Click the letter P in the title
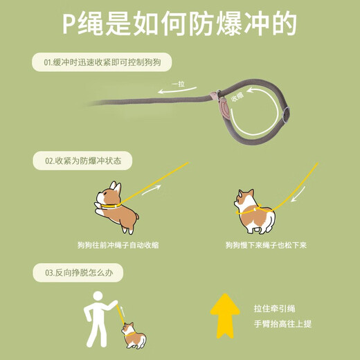pyautogui.click(x=70, y=24)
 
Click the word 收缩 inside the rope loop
pyautogui.click(x=237, y=97)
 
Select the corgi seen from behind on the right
pyautogui.click(x=252, y=210)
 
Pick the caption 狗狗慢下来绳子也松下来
pyautogui.click(x=265, y=244)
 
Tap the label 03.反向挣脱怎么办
pyautogui.click(x=78, y=273)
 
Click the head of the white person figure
pyautogui.click(x=98, y=297)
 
